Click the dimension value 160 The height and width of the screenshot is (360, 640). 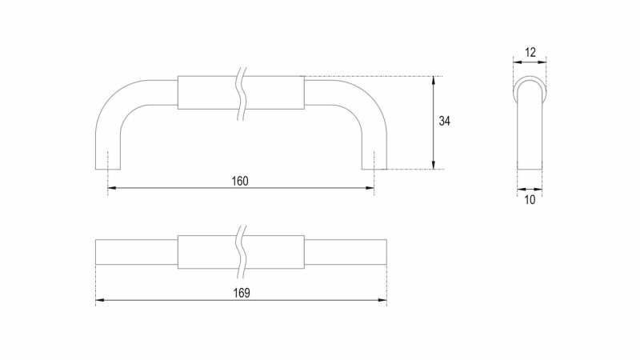[x=240, y=181]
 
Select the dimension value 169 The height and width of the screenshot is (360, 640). [x=242, y=293]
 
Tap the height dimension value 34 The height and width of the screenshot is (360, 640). [x=445, y=122]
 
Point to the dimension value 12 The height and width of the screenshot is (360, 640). [x=530, y=52]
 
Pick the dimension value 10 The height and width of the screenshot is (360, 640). [x=530, y=200]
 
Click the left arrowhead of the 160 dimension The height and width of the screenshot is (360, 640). [x=112, y=188]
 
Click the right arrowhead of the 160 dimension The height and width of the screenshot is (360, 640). [x=370, y=188]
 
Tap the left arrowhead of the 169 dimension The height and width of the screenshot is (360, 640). [x=99, y=300]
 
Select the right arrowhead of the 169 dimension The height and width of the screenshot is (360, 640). [x=382, y=300]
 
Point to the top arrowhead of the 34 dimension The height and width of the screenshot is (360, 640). [x=434, y=81]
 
